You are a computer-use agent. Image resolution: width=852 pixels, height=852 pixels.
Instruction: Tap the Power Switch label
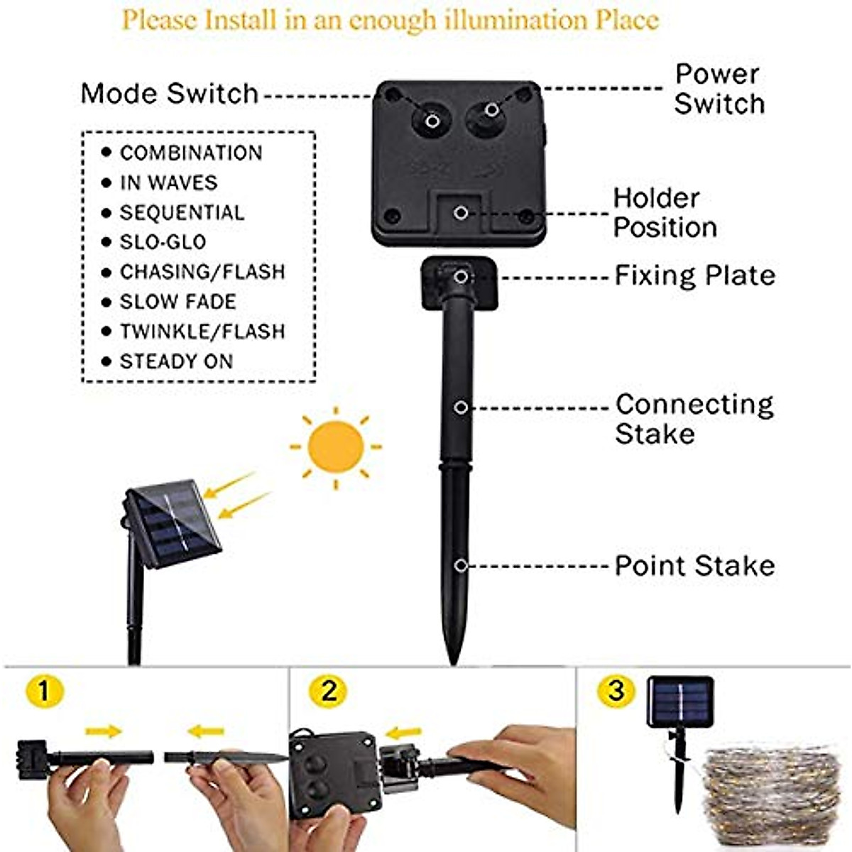pyautogui.click(x=719, y=89)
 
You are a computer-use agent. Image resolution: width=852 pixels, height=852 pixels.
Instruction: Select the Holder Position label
pyautogui.click(x=665, y=212)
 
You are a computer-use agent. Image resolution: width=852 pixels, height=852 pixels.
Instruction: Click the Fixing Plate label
pyautogui.click(x=694, y=275)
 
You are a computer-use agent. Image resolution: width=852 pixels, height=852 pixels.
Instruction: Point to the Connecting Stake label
pyautogui.click(x=694, y=418)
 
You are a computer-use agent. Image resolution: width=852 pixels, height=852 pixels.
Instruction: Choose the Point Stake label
pyautogui.click(x=694, y=566)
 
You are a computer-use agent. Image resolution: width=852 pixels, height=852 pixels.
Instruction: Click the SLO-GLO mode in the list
pyautogui.click(x=163, y=242)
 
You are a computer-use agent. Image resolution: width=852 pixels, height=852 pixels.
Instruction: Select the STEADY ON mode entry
pyautogui.click(x=176, y=361)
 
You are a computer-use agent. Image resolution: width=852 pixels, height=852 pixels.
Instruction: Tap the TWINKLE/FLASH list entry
pyautogui.click(x=202, y=332)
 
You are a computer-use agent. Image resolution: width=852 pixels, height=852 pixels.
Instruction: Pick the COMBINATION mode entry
pyautogui.click(x=190, y=153)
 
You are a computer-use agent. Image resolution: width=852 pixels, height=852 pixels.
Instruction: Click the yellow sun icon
pyautogui.click(x=336, y=447)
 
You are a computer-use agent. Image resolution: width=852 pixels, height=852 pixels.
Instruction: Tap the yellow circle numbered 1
pyautogui.click(x=44, y=690)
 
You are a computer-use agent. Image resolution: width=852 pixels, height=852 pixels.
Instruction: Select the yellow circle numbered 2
pyautogui.click(x=328, y=690)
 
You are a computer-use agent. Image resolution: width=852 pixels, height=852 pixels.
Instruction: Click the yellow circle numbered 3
pyautogui.click(x=616, y=690)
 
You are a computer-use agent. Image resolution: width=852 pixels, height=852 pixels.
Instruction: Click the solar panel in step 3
pyautogui.click(x=679, y=701)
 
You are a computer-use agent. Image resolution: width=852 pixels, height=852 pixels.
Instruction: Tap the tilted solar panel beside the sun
pyautogui.click(x=173, y=523)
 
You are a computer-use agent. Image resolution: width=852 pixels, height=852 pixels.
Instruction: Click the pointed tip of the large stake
pyautogui.click(x=453, y=657)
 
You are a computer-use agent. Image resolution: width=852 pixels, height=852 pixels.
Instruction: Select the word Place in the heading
pyautogui.click(x=627, y=20)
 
